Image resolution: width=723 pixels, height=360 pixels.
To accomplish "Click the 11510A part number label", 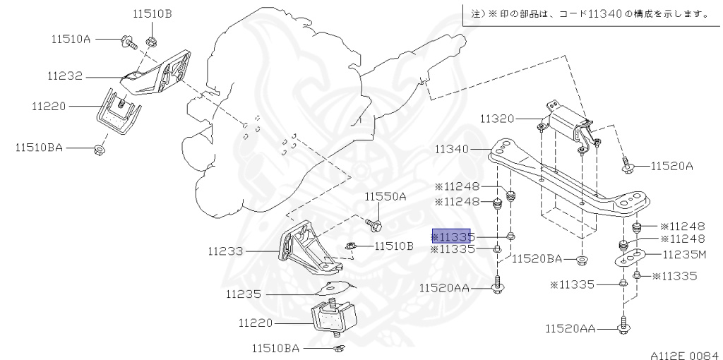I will [x=71, y=40].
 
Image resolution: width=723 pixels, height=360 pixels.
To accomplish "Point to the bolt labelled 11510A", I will [x=128, y=42].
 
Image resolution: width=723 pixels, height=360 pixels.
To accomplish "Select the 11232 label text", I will [x=66, y=75].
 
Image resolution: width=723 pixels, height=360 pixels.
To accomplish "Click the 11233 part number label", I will [x=225, y=251].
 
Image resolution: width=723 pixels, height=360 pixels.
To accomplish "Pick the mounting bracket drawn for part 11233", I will [x=307, y=251].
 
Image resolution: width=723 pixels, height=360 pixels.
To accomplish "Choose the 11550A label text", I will [x=386, y=196].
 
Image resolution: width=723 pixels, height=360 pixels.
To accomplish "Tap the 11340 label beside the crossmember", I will [x=453, y=149].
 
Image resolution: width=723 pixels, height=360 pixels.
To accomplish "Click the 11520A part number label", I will [x=672, y=167].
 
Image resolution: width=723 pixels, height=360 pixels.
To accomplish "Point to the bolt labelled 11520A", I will [x=627, y=167].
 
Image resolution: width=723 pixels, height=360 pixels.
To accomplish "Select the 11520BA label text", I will [x=537, y=258].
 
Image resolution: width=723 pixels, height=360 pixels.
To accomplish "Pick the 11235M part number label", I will [x=684, y=253].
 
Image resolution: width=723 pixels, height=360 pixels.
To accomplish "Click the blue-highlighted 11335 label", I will [x=453, y=236].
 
